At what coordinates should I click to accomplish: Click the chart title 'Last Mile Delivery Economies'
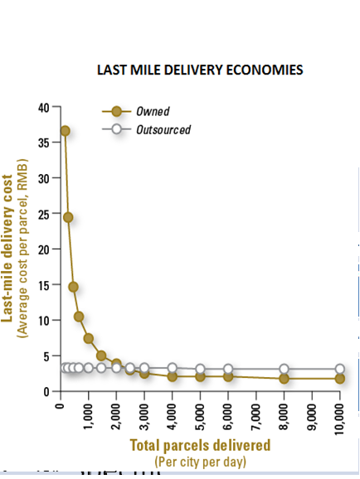pyautogui.click(x=201, y=70)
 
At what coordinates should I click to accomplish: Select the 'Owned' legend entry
pyautogui.click(x=155, y=111)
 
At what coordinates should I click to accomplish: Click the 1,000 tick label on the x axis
pyautogui.click(x=88, y=414)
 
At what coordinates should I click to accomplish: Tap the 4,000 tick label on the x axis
pyautogui.click(x=173, y=414)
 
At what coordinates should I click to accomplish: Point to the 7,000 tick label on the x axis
pyautogui.click(x=256, y=414)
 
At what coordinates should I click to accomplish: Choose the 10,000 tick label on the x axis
pyautogui.click(x=340, y=417)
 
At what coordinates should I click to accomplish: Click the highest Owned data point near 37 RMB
pyautogui.click(x=65, y=131)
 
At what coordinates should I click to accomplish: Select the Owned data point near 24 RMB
pyautogui.click(x=68, y=217)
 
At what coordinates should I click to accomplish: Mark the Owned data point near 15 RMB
pyautogui.click(x=73, y=287)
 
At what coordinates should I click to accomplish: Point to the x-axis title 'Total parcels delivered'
pyautogui.click(x=200, y=446)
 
